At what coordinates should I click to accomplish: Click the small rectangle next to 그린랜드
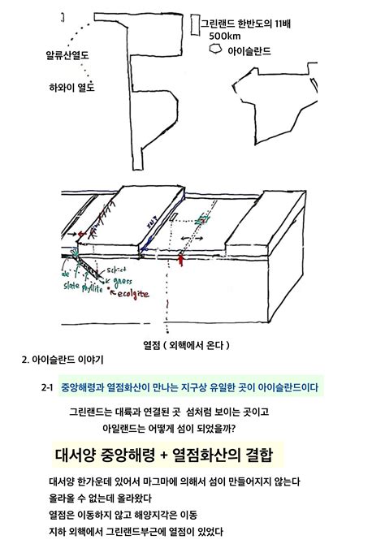[193, 24]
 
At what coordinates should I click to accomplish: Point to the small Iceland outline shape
[215, 50]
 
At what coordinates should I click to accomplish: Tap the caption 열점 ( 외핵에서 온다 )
[192, 343]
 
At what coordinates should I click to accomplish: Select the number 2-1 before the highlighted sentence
[46, 387]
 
